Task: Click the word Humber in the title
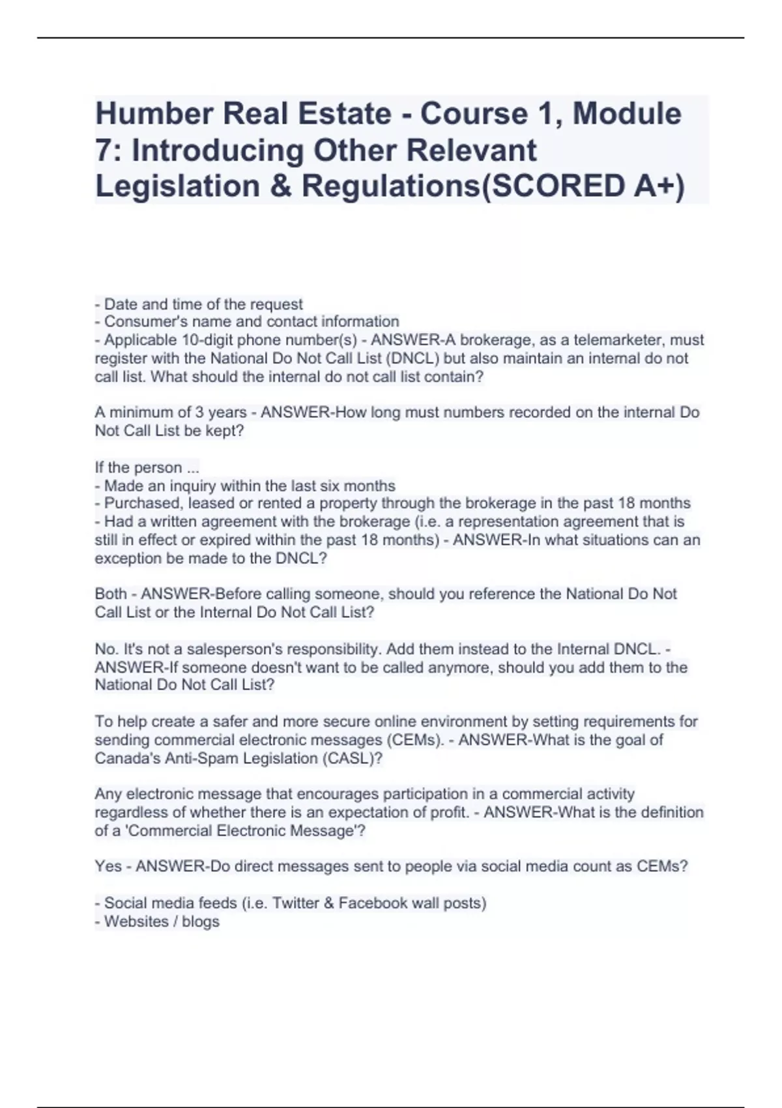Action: coord(153,114)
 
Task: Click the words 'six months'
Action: coord(366,486)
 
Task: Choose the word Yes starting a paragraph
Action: coord(108,866)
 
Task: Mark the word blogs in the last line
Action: coord(201,922)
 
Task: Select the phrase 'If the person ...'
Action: coord(147,467)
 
